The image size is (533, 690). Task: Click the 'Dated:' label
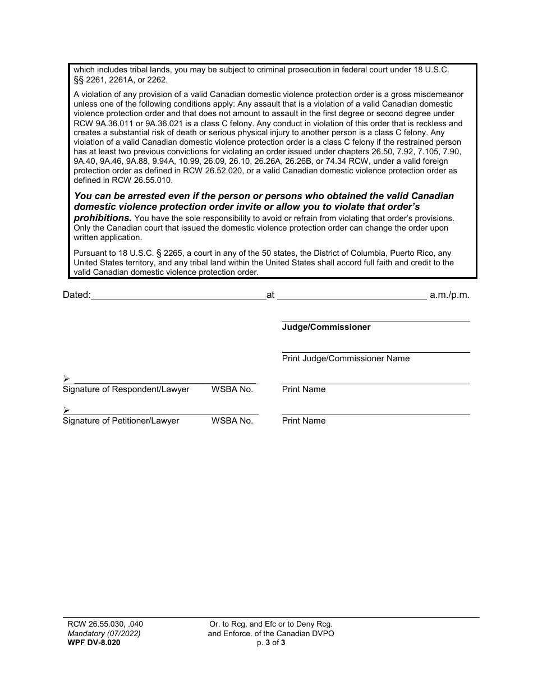pos(76,295)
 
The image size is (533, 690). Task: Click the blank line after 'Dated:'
pos(178,296)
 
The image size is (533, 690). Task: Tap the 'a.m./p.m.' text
pos(449,295)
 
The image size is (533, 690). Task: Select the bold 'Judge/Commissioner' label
pos(326,327)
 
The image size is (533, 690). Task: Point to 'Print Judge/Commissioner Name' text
pos(346,358)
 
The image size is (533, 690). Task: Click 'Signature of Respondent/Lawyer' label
pos(126,389)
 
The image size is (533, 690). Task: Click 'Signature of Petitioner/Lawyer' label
pos(121,421)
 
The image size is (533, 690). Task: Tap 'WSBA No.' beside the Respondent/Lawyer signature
pos(232,389)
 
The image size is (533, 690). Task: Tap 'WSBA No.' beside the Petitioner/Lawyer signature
pos(232,421)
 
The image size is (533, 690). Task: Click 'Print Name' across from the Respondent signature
pos(304,389)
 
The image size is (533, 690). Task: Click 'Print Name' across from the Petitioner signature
pos(304,421)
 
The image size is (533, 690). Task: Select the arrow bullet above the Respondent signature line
pos(66,379)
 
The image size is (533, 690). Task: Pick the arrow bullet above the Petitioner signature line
pos(66,410)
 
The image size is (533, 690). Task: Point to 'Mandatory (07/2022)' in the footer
pos(102,633)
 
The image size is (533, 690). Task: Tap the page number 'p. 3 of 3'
pos(271,643)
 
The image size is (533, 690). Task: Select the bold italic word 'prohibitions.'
pos(103,218)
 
